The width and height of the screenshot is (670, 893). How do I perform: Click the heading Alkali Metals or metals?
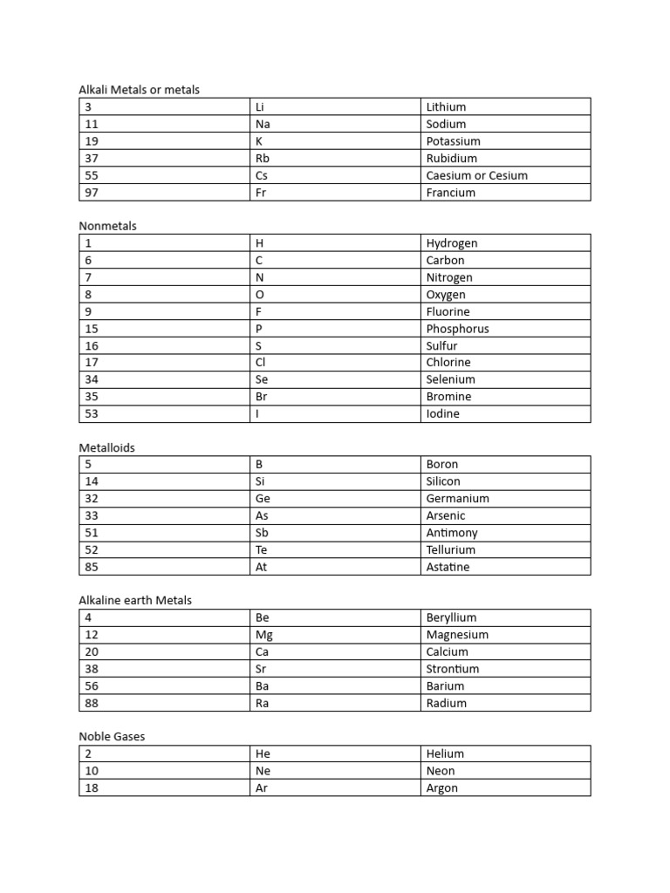(x=140, y=90)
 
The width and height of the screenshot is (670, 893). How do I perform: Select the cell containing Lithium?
(x=446, y=106)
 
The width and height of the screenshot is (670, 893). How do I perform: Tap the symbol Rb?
(x=263, y=158)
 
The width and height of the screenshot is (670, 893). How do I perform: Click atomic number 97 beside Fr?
(x=92, y=192)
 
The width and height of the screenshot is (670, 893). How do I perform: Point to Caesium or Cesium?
(x=476, y=175)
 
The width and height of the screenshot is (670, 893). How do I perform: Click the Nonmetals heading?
(x=108, y=226)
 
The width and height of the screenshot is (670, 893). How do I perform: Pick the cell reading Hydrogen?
(x=452, y=243)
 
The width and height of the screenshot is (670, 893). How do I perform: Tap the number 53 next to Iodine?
(x=92, y=413)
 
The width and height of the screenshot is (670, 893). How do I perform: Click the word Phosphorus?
(x=457, y=329)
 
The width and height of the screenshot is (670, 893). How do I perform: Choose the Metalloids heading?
(x=107, y=447)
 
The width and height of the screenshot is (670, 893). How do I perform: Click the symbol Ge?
(x=263, y=498)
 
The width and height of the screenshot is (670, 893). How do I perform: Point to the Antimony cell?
(x=452, y=532)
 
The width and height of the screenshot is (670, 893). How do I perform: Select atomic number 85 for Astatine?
(x=92, y=566)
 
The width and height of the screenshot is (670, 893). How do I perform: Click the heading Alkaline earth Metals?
(x=135, y=600)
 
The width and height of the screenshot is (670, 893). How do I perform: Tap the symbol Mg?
(x=263, y=635)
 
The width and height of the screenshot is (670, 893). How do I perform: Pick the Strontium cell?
(x=453, y=669)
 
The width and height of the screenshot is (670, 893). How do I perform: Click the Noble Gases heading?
(x=113, y=736)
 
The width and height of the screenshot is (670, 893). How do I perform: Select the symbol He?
(x=263, y=753)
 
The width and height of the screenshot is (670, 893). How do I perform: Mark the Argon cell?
(x=441, y=787)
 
